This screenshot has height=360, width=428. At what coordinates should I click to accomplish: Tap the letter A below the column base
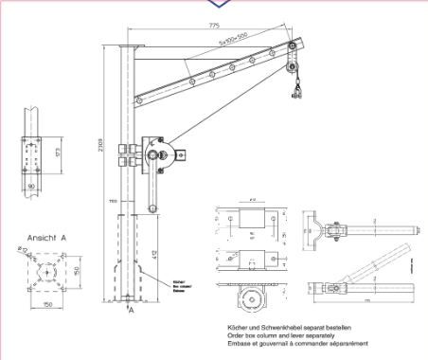pos(132,310)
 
